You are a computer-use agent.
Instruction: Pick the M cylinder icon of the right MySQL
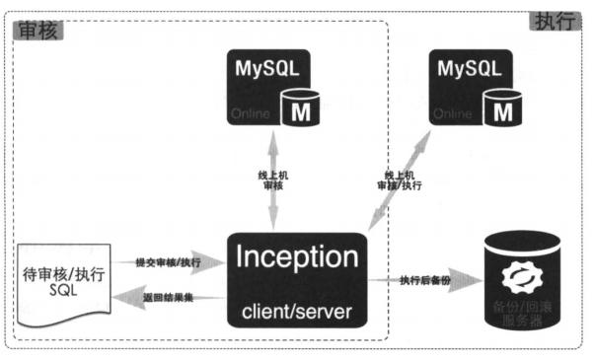coord(503,108)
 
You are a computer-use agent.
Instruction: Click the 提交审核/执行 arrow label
coord(168,262)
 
